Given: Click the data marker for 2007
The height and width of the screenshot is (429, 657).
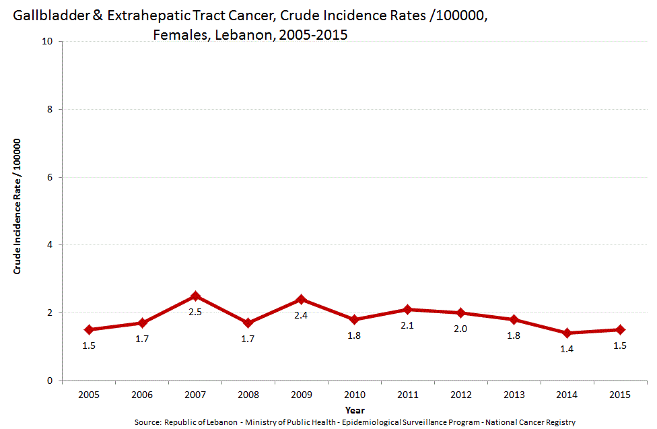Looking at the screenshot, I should coord(195,296).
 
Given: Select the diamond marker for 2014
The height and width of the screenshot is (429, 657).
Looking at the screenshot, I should coord(567,333).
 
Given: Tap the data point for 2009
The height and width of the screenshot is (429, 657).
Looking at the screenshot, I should coord(302,299).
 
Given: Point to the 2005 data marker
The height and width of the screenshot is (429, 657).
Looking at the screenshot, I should coord(89,329).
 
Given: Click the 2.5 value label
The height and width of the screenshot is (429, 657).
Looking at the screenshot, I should coord(195,312).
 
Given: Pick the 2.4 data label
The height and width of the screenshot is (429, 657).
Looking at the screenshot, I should coord(302,315).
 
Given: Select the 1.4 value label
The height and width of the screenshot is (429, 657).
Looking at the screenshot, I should coord(567,349).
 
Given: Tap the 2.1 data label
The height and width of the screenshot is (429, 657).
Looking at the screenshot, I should coord(407,325).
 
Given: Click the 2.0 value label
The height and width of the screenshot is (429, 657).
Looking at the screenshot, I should coord(460,329).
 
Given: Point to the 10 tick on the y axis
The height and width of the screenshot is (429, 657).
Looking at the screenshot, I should coord(48,41).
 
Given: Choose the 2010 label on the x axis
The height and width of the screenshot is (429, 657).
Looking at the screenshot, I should coord(354,395).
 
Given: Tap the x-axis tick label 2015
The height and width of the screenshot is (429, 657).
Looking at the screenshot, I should coord(619,395).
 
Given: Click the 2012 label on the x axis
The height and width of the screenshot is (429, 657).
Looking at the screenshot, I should coord(460,395).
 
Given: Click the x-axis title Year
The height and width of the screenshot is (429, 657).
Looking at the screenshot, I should coord(355,409).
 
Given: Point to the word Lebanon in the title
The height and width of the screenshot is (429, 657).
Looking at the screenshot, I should coord(240,34).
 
